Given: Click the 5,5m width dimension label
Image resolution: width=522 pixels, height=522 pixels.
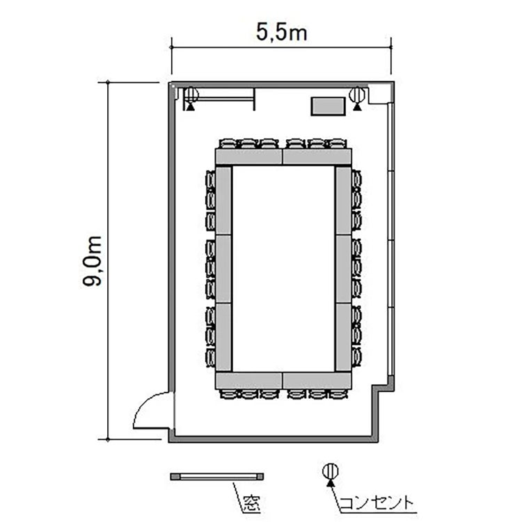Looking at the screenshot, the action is pos(282,33).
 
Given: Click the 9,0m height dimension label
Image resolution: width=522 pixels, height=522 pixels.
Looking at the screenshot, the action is pos(92,261).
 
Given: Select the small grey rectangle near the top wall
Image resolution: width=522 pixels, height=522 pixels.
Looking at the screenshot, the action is pos(328,106).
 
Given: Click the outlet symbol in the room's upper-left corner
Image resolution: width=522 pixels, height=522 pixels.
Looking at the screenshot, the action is pos(191,98).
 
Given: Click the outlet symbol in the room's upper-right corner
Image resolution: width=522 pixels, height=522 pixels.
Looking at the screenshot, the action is pos(357,98).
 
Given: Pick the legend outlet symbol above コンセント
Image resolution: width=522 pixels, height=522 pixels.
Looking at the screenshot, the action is pos(331,475).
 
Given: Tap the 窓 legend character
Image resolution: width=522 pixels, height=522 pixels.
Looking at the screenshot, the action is pos(251,503).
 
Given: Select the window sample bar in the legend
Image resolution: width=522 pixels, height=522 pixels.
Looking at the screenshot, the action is pos(217,476).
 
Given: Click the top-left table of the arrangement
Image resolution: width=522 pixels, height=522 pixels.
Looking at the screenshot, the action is pos(248,157).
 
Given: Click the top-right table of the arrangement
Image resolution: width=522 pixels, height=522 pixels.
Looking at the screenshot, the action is pos(317,157).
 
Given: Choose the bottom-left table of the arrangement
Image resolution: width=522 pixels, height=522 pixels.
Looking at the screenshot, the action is pos(248,380).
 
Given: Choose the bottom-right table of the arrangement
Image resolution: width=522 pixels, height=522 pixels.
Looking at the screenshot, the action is pos(317,380).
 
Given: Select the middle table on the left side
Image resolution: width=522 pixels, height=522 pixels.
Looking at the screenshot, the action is pos(223,269).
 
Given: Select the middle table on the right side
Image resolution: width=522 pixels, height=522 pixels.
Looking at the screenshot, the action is pos(343,269).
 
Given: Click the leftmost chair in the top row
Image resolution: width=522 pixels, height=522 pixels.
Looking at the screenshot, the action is pos(228,144).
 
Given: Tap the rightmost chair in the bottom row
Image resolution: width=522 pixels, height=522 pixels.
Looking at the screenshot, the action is pos(338,394).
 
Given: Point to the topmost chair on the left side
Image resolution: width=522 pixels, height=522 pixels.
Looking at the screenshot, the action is pos(210,180).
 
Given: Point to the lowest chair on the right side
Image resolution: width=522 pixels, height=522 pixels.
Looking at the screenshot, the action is pos(356,357).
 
